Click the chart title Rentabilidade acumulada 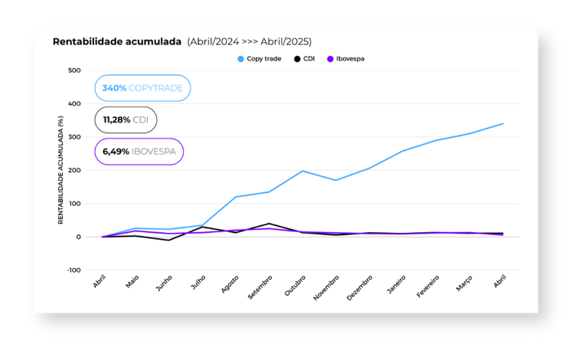click(x=116, y=41)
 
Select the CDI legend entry click(x=305, y=58)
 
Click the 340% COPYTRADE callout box click(x=142, y=88)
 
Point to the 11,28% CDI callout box click(x=126, y=119)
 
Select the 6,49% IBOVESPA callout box click(x=139, y=152)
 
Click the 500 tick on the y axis click(x=74, y=70)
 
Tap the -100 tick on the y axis click(x=73, y=270)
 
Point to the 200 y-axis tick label click(x=74, y=170)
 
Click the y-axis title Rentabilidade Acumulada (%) click(x=60, y=170)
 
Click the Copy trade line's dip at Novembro click(x=336, y=180)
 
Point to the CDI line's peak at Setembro click(x=269, y=224)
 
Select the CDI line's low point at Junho click(x=169, y=241)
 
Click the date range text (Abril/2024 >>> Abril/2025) click(x=249, y=41)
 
